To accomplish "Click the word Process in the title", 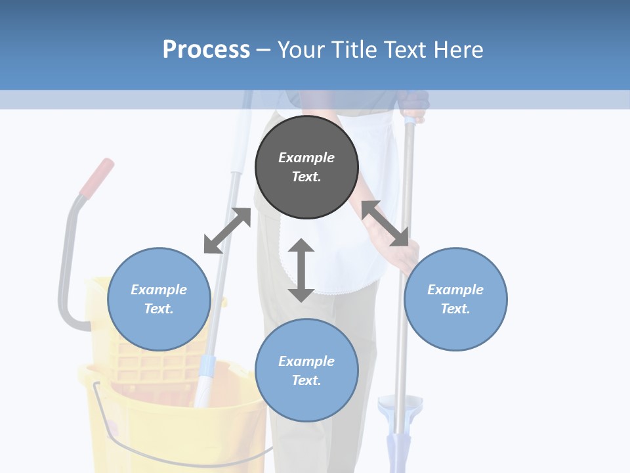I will pyautogui.click(x=206, y=50).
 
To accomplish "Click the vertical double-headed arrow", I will pyautogui.click(x=301, y=270).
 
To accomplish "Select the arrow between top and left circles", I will pyautogui.click(x=227, y=231).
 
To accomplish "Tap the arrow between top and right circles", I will pyautogui.click(x=385, y=223).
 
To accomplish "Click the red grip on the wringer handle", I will pyautogui.click(x=96, y=177).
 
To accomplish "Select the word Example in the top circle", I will pyautogui.click(x=306, y=158).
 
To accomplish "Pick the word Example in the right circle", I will pyautogui.click(x=455, y=290).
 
